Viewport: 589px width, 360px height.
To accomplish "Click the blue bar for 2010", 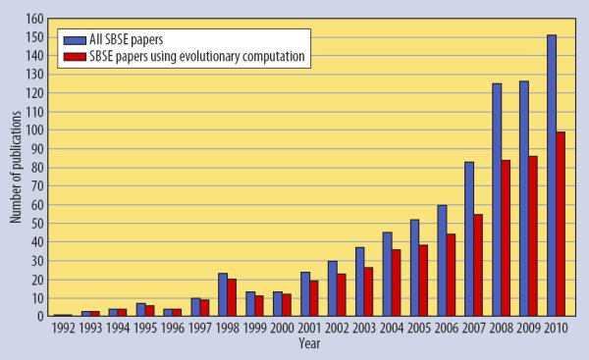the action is pyautogui.click(x=552, y=176).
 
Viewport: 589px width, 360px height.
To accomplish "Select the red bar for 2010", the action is pyautogui.click(x=561, y=224).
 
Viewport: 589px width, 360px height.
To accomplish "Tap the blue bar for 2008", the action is pyautogui.click(x=497, y=200).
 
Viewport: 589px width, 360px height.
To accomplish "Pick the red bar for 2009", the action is pyautogui.click(x=533, y=236).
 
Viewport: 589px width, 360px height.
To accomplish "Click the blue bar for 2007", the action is pyautogui.click(x=469, y=238).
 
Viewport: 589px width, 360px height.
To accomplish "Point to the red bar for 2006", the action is pyautogui.click(x=451, y=275).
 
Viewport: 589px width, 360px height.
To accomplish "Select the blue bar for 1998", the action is pyautogui.click(x=223, y=294).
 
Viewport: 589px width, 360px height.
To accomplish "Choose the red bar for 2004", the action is pyautogui.click(x=396, y=283).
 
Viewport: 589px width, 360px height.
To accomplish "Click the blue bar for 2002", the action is pyautogui.click(x=333, y=288).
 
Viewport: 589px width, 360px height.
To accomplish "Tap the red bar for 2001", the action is pyautogui.click(x=314, y=298).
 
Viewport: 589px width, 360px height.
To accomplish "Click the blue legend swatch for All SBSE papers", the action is pyautogui.click(x=75, y=40).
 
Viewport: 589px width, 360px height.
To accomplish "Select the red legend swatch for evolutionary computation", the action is pyautogui.click(x=75, y=57).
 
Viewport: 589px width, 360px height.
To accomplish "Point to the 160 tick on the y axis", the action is pyautogui.click(x=35, y=19).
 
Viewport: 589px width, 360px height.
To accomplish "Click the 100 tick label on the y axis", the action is pyautogui.click(x=35, y=130).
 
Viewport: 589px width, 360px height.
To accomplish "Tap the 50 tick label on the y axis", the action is pyautogui.click(x=37, y=224).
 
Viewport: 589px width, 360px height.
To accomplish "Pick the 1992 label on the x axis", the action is pyautogui.click(x=63, y=328).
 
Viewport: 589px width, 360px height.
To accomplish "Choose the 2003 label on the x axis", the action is pyautogui.click(x=364, y=328).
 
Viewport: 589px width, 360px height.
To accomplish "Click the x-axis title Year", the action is pyautogui.click(x=309, y=343).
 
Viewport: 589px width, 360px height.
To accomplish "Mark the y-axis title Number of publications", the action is pyautogui.click(x=16, y=167).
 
